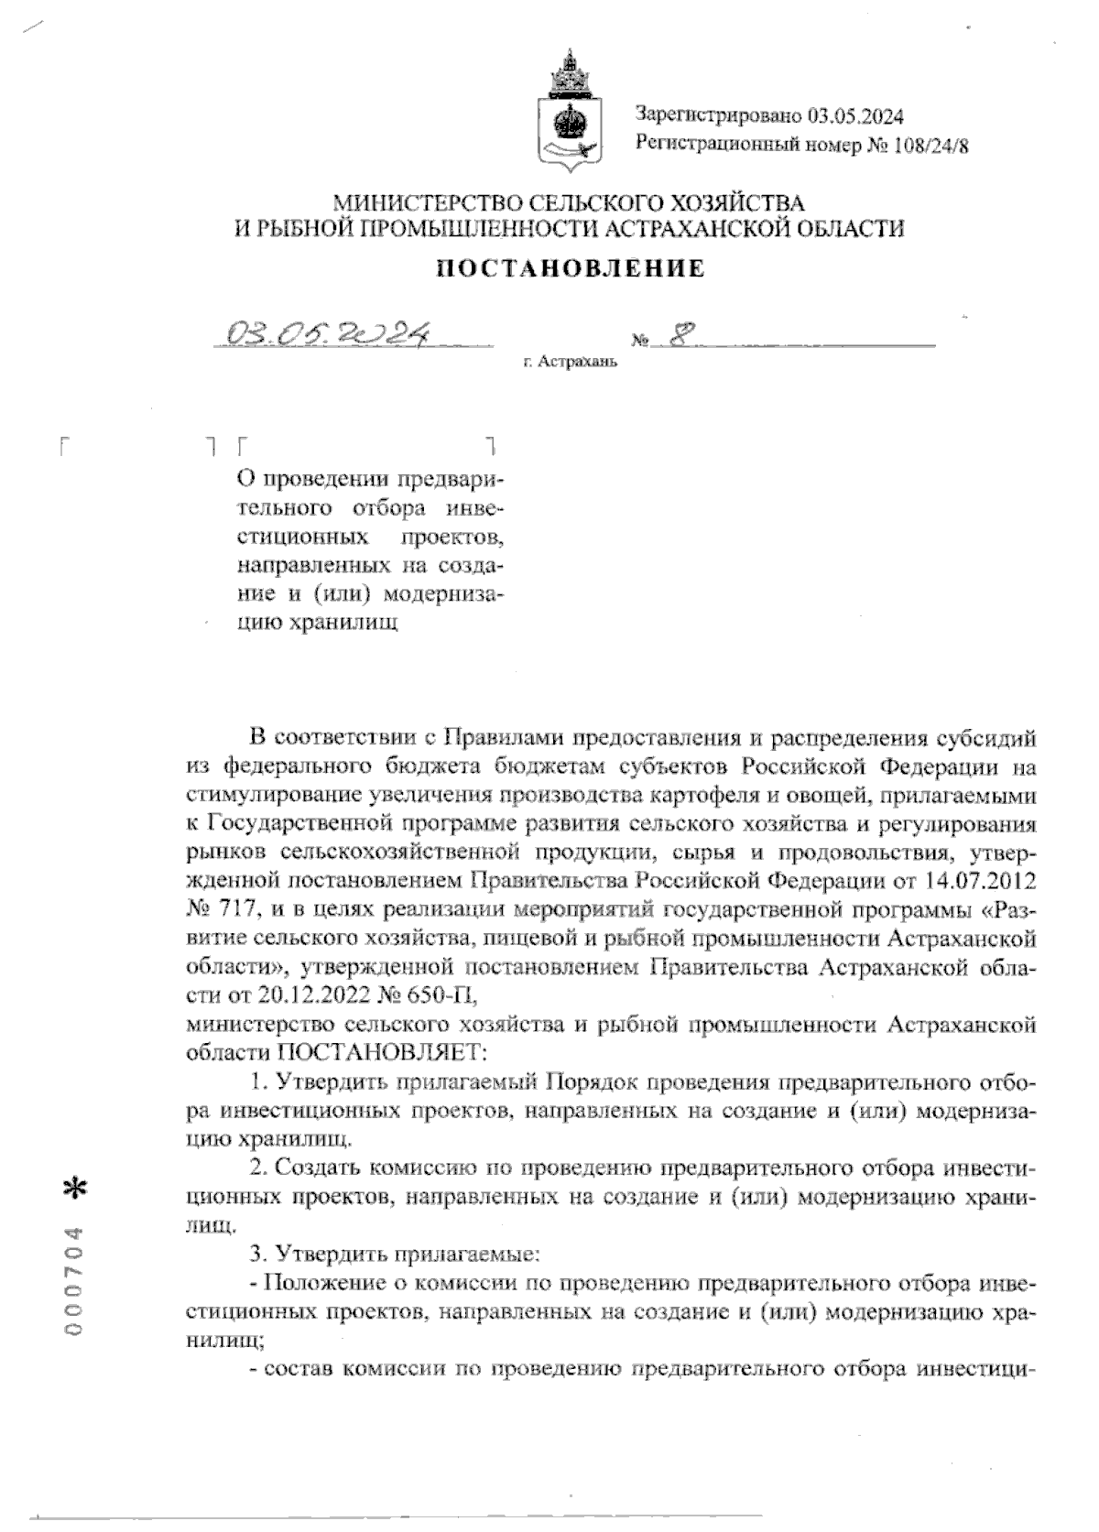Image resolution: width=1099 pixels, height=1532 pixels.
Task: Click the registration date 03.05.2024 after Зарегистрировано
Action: [x=855, y=115]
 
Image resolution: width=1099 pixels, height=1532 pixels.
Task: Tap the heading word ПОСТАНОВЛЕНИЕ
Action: [x=571, y=268]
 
